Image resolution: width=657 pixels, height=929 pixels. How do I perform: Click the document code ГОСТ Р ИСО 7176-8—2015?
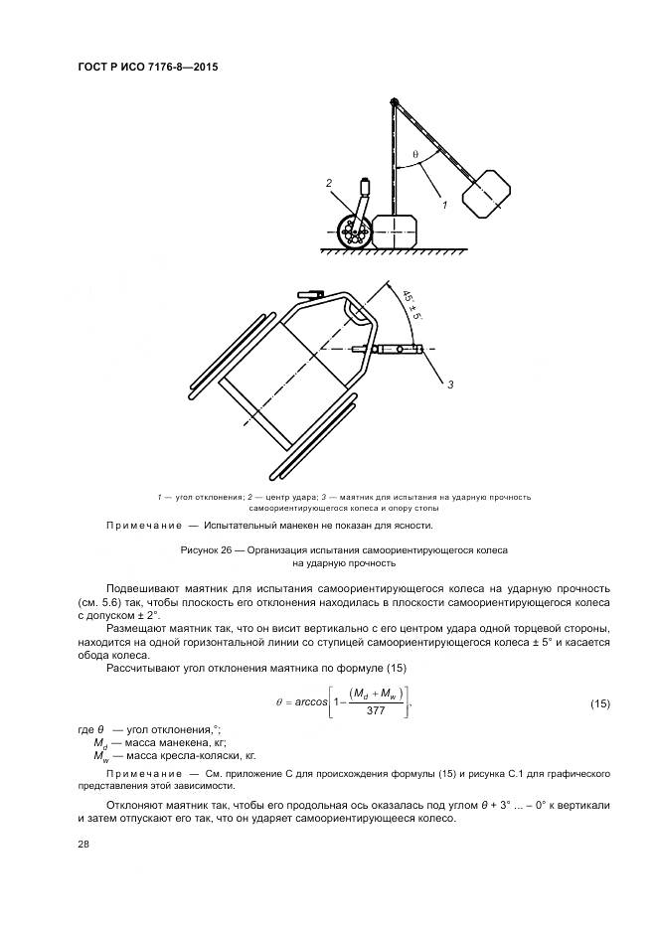pos(147,68)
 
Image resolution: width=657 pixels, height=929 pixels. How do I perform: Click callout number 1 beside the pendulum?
pos(443,205)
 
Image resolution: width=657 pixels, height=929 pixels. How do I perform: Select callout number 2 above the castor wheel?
pos(327,183)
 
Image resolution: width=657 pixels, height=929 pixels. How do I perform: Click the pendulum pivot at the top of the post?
pos(395,101)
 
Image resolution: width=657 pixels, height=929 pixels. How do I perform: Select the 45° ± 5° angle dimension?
pos(411,303)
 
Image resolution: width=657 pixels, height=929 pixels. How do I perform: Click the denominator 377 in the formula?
pos(376,711)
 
